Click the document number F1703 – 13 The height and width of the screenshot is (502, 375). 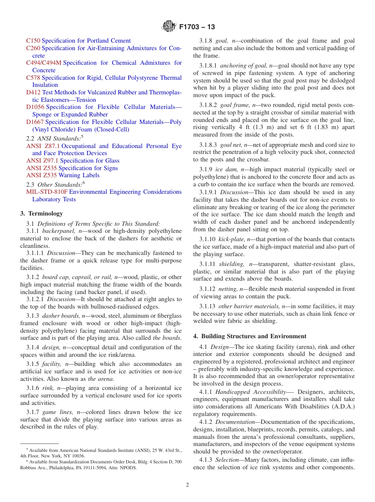197,27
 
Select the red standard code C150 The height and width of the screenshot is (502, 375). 33,41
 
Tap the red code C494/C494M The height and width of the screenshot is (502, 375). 44,63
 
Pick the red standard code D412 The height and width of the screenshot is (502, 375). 33,92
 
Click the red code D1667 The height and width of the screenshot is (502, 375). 35,122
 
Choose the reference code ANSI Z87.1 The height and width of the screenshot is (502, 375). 43,146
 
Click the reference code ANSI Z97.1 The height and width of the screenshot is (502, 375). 42,161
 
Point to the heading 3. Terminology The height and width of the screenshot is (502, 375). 41,214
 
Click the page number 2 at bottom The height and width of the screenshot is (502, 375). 187,485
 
